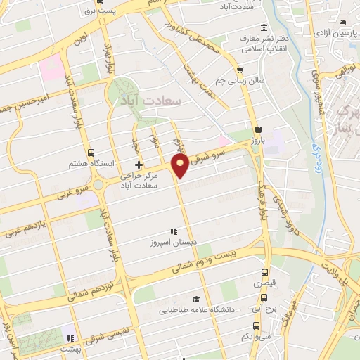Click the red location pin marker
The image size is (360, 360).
[x=181, y=165]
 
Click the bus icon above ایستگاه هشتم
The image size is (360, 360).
[x=91, y=153]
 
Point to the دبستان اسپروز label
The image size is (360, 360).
[x=172, y=243]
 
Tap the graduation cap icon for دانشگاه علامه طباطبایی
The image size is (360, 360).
[x=196, y=298]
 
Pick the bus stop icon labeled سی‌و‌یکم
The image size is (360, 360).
[x=255, y=326]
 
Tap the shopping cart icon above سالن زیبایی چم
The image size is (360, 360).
[x=240, y=70]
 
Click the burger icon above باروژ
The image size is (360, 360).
[x=259, y=129]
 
